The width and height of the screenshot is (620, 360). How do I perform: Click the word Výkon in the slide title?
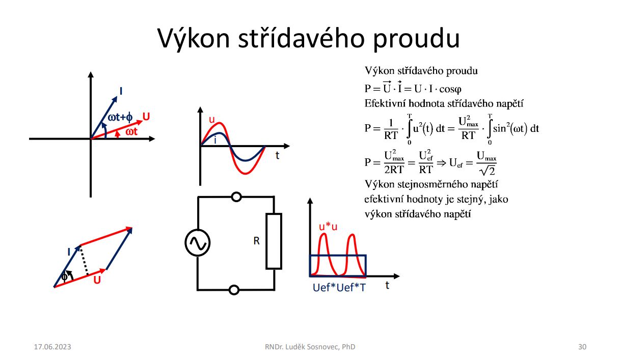[x=194, y=38]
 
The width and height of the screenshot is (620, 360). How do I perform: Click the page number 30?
[x=582, y=347]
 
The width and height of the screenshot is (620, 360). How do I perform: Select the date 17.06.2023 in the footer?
[x=52, y=347]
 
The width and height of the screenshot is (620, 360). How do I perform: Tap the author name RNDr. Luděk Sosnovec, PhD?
[x=310, y=347]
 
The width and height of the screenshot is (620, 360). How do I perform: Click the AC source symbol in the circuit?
[x=197, y=243]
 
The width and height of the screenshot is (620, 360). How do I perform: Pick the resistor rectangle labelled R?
[x=274, y=241]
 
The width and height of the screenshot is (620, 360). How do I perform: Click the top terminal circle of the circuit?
[x=236, y=197]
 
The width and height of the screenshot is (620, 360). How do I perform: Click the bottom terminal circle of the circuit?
[x=234, y=290]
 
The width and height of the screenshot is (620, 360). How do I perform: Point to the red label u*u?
[x=328, y=227]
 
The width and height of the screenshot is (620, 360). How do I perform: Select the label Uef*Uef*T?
[x=339, y=288]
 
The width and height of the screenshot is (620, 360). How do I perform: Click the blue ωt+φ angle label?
[x=120, y=118]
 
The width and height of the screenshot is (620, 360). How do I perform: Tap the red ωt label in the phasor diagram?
[x=131, y=132]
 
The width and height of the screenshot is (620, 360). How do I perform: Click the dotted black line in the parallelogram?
[x=84, y=261]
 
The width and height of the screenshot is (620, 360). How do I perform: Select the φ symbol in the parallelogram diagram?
[x=64, y=276]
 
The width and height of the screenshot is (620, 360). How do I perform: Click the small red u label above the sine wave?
[x=212, y=120]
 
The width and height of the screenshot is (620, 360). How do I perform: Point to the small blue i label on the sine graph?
[x=215, y=141]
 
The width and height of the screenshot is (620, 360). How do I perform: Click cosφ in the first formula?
[x=450, y=89]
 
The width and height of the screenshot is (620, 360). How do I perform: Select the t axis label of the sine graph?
[x=277, y=156]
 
